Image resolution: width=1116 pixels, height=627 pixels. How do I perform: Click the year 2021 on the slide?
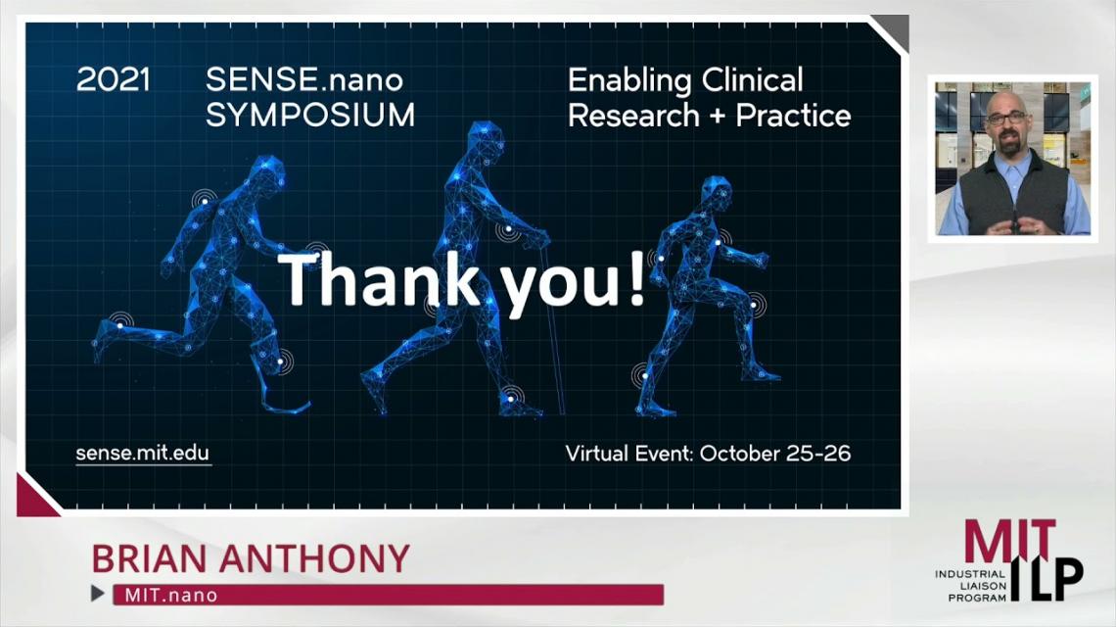pos(114,79)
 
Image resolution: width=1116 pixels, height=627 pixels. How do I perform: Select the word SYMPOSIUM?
pos(310,116)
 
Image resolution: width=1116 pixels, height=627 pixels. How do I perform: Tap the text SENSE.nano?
pos(304,79)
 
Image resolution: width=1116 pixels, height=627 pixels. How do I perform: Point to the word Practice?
pos(793,116)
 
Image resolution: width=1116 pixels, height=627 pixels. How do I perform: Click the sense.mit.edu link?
pos(143,454)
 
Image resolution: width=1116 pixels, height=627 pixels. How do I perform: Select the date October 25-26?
pos(775,454)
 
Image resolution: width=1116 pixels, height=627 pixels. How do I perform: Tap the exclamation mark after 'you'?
pos(637,279)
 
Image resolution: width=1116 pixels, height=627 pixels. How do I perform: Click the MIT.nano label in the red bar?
pos(170,595)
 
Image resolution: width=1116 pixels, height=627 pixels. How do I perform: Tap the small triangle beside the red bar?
pos(98,593)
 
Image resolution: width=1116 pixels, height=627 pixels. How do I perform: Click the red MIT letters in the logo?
pos(1009,541)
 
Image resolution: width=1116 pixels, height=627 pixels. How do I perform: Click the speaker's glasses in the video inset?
pos(1006,117)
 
